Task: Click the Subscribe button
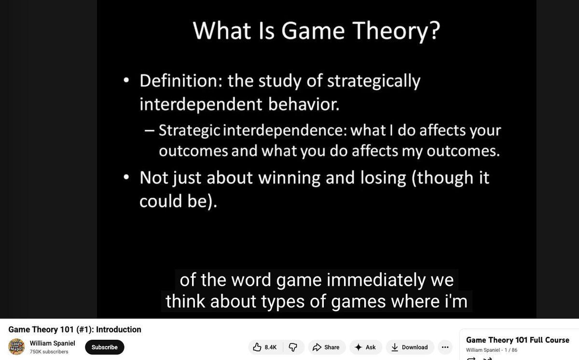pyautogui.click(x=105, y=347)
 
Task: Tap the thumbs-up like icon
pyautogui.click(x=257, y=347)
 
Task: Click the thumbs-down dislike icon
pyautogui.click(x=292, y=347)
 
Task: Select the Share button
pyautogui.click(x=326, y=347)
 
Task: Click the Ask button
pyautogui.click(x=365, y=347)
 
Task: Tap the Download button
pyautogui.click(x=409, y=347)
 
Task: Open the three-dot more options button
pyautogui.click(x=445, y=347)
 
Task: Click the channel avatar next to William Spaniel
pyautogui.click(x=16, y=346)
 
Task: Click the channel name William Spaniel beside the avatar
pyautogui.click(x=52, y=343)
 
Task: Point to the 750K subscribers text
pyautogui.click(x=49, y=352)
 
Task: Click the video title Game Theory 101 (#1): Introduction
pyautogui.click(x=75, y=330)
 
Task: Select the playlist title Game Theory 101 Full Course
pyautogui.click(x=518, y=340)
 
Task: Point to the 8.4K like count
pyautogui.click(x=271, y=347)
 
